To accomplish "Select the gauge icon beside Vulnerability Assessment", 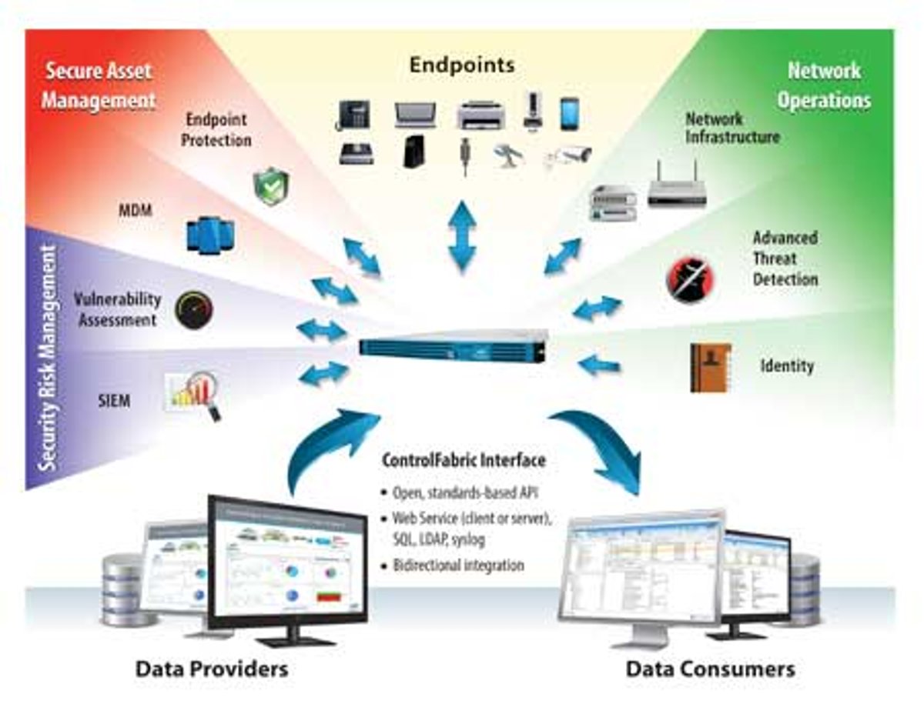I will pos(194,309).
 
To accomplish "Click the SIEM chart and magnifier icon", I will pos(194,394).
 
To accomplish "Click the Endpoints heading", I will pos(461,65).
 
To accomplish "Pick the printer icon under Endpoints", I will pos(480,115).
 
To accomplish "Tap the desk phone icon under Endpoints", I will pos(354,115).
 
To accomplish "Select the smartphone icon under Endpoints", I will pos(569,114).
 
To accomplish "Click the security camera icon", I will pos(570,155).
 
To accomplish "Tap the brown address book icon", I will pos(710,368).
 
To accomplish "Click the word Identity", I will pos(786,365).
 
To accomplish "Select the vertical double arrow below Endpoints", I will pos(462,235).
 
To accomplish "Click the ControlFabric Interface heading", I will pos(464,461).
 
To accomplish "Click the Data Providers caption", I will pos(212,668).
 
